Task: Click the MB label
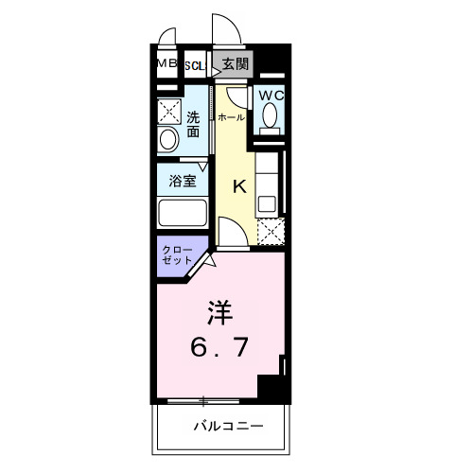click(166, 63)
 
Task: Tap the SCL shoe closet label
click(195, 64)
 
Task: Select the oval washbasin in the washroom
click(168, 141)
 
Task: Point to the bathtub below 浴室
click(184, 212)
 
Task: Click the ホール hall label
click(230, 117)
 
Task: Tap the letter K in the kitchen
click(238, 186)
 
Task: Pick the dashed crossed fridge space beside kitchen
click(271, 230)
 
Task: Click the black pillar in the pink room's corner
click(272, 387)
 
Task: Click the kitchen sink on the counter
click(267, 201)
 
